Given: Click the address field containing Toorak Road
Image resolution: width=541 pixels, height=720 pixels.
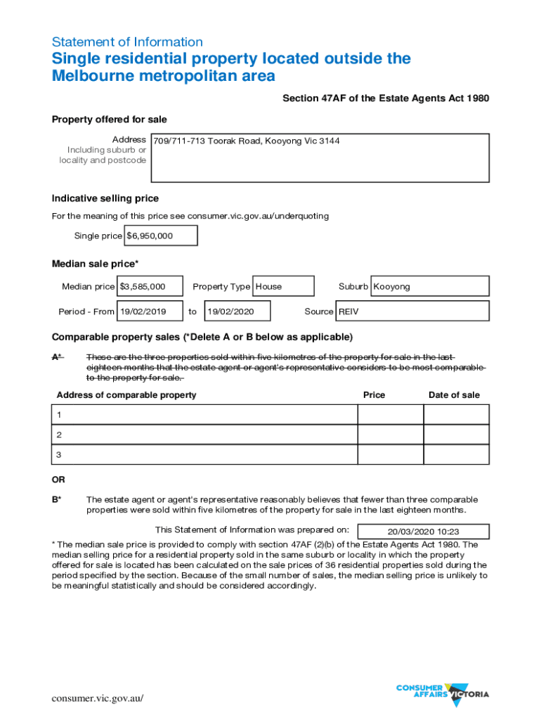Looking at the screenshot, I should [320, 157].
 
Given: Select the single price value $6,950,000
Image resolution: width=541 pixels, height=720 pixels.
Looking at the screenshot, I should [161, 236].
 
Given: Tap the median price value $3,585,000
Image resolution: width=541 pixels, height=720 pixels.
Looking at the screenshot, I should [150, 286].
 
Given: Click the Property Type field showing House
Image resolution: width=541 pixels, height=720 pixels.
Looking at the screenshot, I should [282, 286].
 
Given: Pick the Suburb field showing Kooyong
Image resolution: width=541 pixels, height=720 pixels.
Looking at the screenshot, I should [429, 286].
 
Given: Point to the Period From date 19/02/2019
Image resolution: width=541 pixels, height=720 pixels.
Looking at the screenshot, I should [150, 311].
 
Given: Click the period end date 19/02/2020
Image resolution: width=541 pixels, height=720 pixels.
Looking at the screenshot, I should [238, 311].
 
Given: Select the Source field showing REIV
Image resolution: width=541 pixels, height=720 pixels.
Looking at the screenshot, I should [412, 311].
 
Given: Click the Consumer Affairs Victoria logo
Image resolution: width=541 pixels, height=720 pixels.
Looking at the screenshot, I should [443, 692].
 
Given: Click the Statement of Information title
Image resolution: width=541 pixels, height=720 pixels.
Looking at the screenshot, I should [127, 41].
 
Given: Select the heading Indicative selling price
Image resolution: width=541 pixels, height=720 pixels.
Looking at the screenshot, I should [105, 198].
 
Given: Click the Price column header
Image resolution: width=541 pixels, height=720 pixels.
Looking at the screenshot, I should [374, 395].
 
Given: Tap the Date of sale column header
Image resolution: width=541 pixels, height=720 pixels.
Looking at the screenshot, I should [454, 395].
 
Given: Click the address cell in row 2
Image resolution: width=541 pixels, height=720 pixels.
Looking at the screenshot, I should [204, 435].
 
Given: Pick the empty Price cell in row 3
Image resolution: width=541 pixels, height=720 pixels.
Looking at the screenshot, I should [390, 455].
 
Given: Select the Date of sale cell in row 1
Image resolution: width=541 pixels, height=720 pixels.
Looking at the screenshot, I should [456, 415].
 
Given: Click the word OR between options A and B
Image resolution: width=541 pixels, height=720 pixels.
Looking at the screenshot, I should [58, 480].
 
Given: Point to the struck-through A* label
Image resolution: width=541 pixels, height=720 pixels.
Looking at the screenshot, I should [57, 356].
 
